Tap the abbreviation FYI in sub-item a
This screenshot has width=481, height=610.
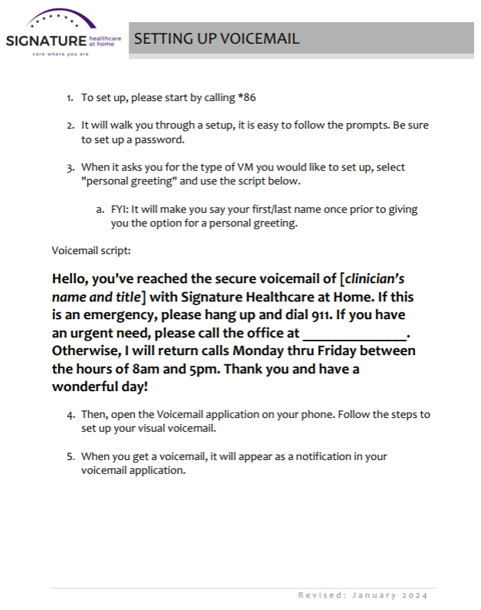tap(119, 209)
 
